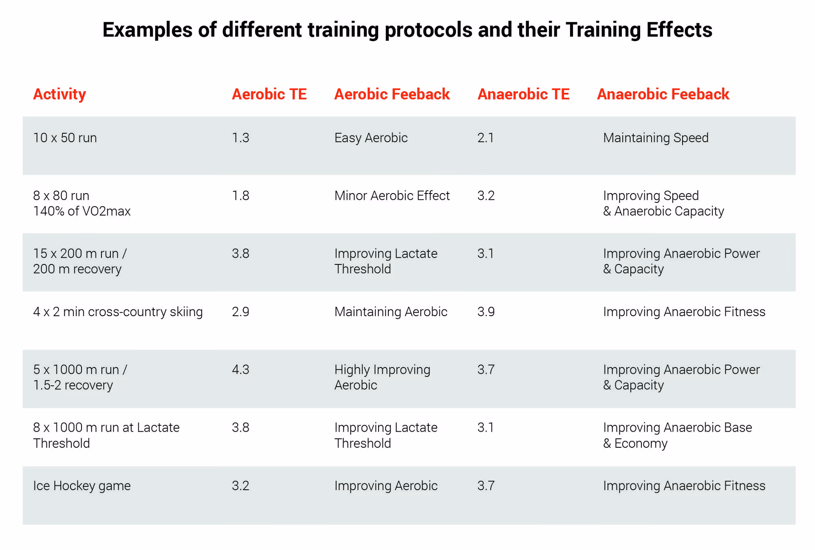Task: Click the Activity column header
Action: tap(59, 94)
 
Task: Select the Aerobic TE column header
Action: tap(269, 94)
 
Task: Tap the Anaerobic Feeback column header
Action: tap(663, 94)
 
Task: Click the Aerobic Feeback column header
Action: tap(392, 94)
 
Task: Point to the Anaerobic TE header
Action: tap(523, 94)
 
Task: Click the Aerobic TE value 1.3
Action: tap(240, 138)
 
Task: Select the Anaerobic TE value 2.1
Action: tap(485, 138)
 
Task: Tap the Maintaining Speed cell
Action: tap(655, 138)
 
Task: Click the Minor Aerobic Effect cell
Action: tap(392, 196)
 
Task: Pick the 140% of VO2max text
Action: tap(82, 211)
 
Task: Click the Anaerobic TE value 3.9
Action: tap(486, 312)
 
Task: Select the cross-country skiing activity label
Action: tap(118, 312)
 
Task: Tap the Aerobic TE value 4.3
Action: tap(240, 370)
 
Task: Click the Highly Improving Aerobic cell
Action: tap(382, 377)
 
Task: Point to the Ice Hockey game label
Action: tap(82, 485)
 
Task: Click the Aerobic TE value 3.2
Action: tap(240, 485)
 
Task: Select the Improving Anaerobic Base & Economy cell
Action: tap(677, 435)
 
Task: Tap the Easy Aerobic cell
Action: tap(371, 138)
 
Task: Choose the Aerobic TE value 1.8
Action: tap(240, 196)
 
